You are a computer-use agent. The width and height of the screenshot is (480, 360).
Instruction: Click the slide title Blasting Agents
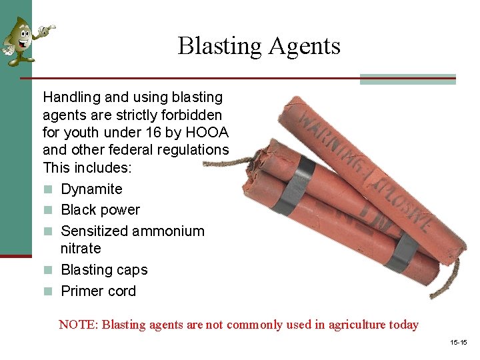click(259, 46)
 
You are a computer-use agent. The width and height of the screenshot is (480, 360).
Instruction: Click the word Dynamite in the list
click(91, 189)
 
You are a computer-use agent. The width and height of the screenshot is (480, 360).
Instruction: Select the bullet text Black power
click(100, 210)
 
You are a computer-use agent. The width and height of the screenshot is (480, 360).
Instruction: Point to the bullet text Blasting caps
click(104, 270)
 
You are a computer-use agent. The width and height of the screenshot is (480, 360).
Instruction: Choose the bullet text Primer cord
click(98, 291)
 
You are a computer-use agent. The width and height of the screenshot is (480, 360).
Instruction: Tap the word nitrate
click(81, 249)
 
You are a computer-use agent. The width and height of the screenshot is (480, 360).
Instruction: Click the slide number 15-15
click(459, 343)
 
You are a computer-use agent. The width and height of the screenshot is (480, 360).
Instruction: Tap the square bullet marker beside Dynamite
click(47, 190)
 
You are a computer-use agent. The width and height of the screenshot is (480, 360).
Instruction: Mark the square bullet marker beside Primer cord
click(47, 292)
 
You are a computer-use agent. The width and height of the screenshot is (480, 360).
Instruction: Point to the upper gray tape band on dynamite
click(293, 185)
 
